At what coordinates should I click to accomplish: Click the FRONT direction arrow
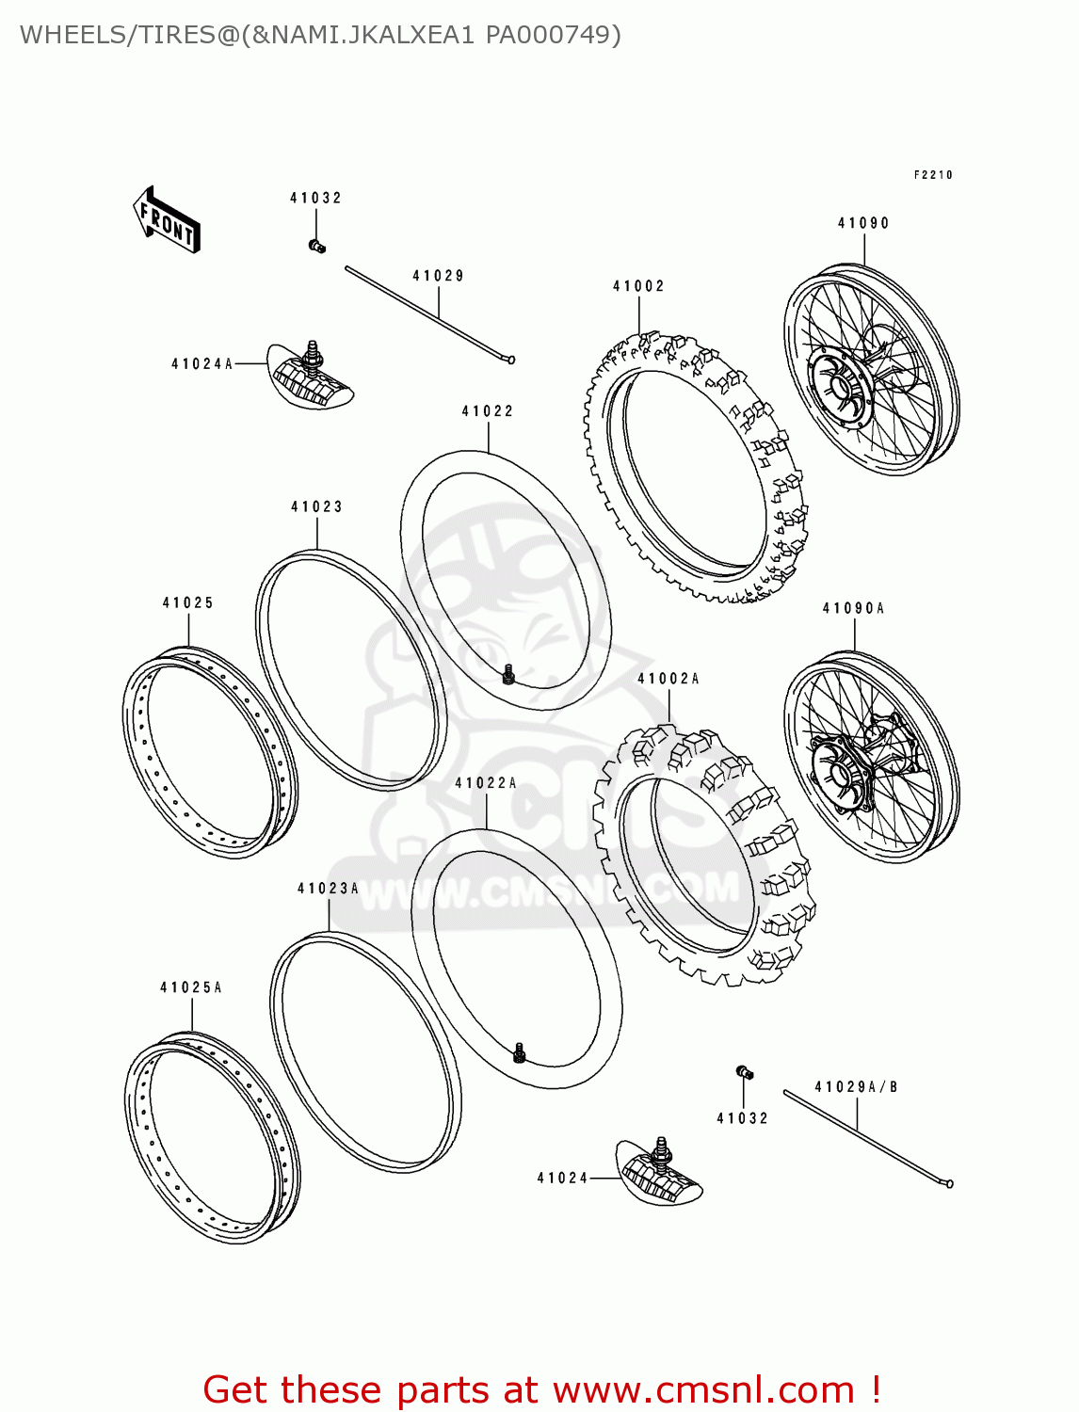(x=167, y=220)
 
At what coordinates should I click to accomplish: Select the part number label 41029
(x=438, y=276)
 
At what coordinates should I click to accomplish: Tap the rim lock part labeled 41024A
(x=311, y=377)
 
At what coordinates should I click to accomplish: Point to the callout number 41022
(x=488, y=411)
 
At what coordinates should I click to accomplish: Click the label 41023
(x=316, y=506)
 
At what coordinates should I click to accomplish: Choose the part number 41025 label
(x=188, y=602)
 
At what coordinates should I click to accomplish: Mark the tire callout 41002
(x=638, y=286)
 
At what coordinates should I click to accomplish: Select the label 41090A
(x=853, y=608)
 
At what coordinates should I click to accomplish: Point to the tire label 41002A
(x=668, y=679)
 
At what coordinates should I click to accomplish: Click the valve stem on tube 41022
(x=508, y=674)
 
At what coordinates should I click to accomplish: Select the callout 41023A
(x=328, y=889)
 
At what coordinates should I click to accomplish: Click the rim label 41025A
(x=191, y=987)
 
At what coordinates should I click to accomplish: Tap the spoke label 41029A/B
(x=856, y=1087)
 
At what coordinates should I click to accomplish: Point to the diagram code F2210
(x=933, y=175)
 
